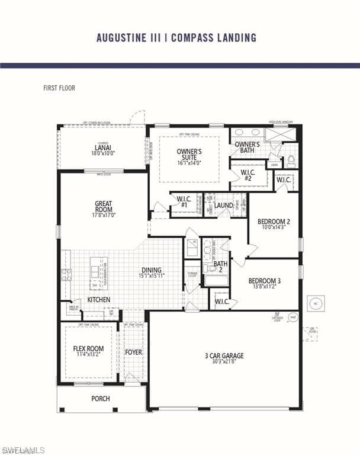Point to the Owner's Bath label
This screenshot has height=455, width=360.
click(247, 148)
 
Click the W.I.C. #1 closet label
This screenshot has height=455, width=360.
click(184, 201)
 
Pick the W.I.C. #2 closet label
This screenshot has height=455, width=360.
click(247, 175)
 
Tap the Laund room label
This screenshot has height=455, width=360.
click(224, 206)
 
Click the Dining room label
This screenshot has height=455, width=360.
click(152, 273)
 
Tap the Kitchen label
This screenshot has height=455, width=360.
click(98, 300)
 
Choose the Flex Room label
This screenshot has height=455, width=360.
click(88, 351)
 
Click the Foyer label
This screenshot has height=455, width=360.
click(133, 352)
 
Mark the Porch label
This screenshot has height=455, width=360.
click(101, 398)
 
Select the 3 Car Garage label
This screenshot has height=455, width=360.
click(224, 358)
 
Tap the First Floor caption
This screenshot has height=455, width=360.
click(59, 88)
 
